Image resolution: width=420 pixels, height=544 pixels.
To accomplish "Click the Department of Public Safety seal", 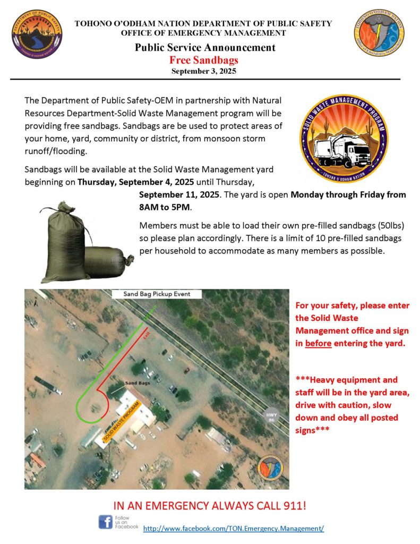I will [37, 34].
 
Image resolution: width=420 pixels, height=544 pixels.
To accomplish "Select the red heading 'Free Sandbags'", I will [204, 59].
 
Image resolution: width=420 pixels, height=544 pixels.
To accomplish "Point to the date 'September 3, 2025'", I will [204, 70].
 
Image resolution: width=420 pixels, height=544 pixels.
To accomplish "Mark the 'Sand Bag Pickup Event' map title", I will [156, 294].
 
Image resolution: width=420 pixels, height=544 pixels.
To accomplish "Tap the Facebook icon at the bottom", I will [106, 522].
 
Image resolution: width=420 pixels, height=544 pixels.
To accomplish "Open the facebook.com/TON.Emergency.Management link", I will [233, 529].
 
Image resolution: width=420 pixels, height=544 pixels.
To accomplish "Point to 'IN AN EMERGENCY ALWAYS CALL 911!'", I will [210, 504].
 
